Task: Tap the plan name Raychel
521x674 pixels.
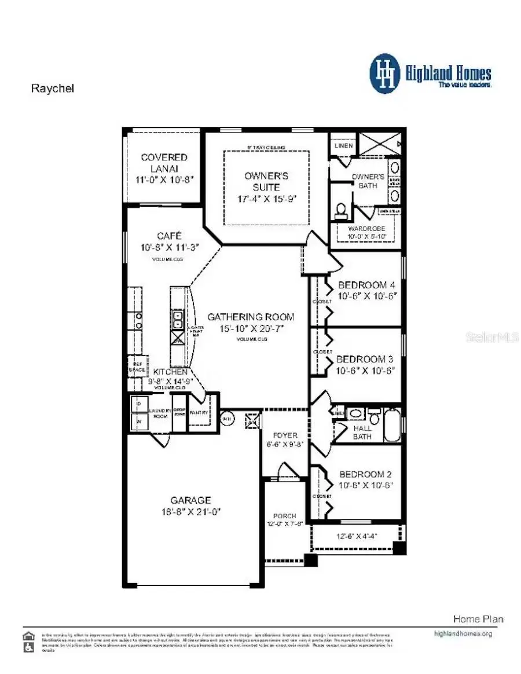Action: pos(52,89)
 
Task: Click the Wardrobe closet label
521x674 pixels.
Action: pos(366,229)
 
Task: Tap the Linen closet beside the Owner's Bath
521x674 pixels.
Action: pos(343,146)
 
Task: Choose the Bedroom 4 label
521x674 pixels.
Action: pos(366,285)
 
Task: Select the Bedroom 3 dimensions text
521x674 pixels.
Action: pos(366,371)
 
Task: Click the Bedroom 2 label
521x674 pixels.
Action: pos(366,474)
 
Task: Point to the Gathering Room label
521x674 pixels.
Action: pos(251,317)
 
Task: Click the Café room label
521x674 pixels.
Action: pos(169,236)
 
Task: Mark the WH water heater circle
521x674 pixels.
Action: pos(228,417)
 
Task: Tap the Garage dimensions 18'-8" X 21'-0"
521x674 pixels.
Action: pos(191,512)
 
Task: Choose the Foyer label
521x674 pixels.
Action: pos(285,435)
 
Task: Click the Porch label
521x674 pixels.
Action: pos(285,516)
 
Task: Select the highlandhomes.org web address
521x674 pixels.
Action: pos(463,633)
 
